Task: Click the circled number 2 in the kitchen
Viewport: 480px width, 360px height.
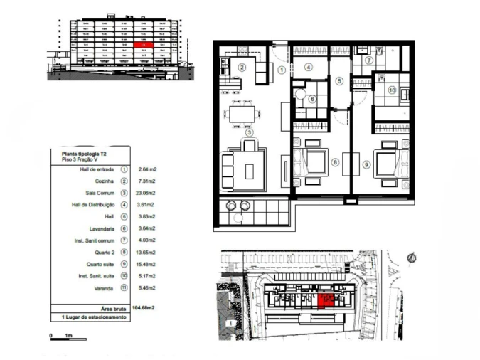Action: coord(242,67)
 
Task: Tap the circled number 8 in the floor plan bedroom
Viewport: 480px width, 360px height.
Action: coord(334,162)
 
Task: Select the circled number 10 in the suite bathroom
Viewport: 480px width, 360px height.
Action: coord(392,90)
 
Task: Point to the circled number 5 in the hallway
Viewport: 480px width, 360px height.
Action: coord(340,82)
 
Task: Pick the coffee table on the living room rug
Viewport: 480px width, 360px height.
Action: coord(248,171)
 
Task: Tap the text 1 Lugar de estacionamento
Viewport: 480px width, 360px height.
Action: coord(92,317)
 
